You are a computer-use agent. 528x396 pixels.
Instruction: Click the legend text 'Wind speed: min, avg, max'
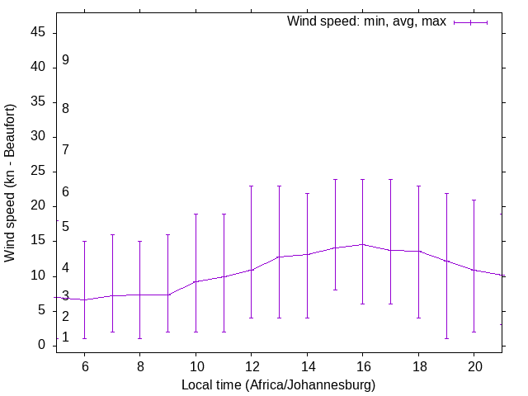[x=365, y=21]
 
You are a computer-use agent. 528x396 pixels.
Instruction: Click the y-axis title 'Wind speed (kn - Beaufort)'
[x=10, y=183]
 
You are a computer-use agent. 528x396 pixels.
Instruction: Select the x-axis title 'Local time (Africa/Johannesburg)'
[x=278, y=384]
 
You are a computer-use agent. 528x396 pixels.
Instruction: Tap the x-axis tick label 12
[x=251, y=365]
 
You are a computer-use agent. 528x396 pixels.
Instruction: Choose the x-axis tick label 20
[x=474, y=365]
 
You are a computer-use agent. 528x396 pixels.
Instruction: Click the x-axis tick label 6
[x=84, y=365]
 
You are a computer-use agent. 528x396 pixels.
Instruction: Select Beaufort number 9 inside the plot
[x=65, y=60]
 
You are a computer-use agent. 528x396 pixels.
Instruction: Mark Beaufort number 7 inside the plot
[x=65, y=149]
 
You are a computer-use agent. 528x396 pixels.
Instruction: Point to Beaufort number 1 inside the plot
[x=65, y=337]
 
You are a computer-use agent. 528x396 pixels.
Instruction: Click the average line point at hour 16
[x=362, y=244]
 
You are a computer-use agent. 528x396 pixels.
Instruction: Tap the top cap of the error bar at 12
[x=251, y=186]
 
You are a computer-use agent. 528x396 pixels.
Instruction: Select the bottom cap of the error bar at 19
[x=446, y=338]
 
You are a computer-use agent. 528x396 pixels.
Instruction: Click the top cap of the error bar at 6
[x=84, y=241]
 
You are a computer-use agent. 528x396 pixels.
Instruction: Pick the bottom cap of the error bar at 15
[x=335, y=290]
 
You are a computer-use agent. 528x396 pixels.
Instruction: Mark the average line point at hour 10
[x=196, y=281]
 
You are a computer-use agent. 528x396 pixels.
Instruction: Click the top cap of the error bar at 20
[x=474, y=200]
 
